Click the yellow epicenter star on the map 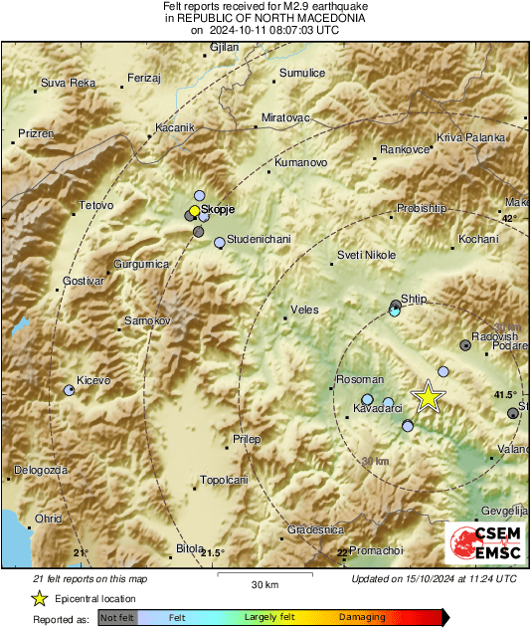(428, 396)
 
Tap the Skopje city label (218, 211)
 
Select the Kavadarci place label (378, 409)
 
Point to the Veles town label (303, 310)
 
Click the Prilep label (246, 439)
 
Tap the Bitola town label (189, 548)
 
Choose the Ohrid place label (48, 519)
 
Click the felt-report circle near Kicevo (70, 391)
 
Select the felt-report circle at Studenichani (220, 242)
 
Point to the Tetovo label (96, 206)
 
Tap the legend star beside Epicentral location (39, 598)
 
